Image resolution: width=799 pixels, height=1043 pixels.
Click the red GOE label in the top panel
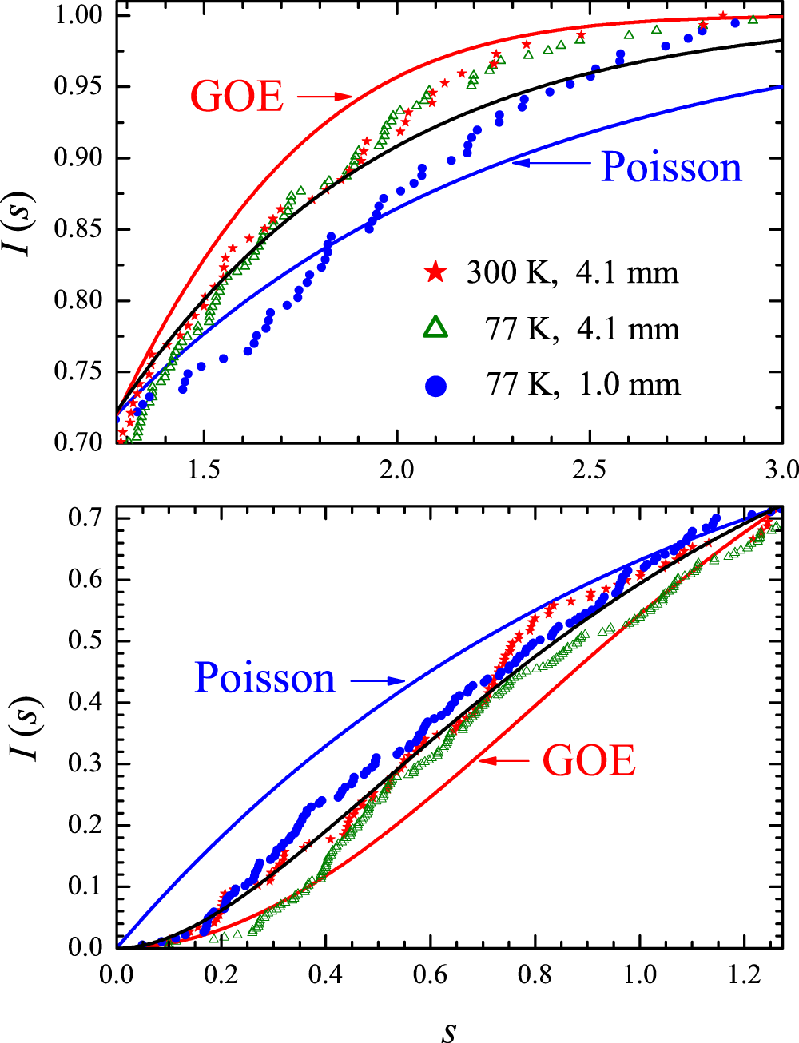(237, 97)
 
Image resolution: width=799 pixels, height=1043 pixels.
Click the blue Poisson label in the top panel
(671, 167)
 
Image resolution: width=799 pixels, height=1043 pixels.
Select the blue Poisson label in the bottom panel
(265, 678)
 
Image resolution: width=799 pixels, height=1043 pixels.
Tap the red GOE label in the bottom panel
(589, 760)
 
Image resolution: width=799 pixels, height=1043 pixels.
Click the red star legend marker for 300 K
(435, 272)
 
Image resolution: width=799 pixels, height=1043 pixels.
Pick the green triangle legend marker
(435, 328)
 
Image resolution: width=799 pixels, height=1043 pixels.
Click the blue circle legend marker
(435, 386)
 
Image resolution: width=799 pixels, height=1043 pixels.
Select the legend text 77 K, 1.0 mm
(582, 385)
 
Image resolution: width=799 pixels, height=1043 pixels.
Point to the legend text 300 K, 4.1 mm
(572, 272)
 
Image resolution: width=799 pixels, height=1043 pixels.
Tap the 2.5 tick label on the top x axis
(589, 469)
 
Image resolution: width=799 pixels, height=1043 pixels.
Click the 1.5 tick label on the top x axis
(204, 469)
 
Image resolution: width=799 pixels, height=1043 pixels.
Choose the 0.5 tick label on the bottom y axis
(86, 641)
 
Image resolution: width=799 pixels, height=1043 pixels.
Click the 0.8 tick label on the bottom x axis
(535, 974)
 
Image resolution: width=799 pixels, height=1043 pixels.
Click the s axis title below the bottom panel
(449, 1030)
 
